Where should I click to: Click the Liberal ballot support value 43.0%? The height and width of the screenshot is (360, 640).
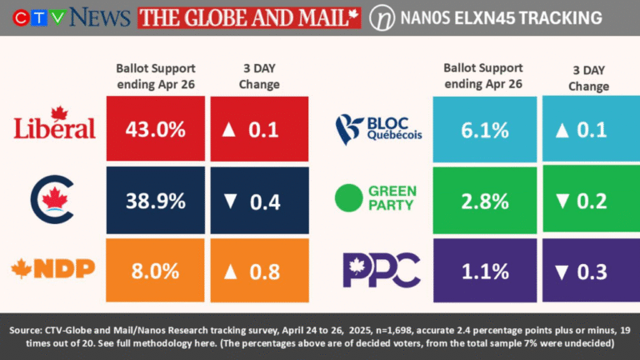pos(155,129)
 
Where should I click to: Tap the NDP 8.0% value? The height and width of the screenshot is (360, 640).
pos(155,271)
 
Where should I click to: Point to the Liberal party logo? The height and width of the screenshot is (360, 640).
pos(55,124)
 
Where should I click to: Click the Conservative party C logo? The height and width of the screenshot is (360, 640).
pos(53,199)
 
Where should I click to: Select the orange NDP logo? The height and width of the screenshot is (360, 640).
pos(52,268)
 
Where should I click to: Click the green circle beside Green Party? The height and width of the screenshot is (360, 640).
pos(347,198)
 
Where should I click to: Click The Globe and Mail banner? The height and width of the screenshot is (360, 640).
pos(249,17)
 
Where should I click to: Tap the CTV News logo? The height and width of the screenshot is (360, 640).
pos(67,17)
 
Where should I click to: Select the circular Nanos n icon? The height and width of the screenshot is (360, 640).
pos(382,17)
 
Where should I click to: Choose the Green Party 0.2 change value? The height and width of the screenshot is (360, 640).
pos(593,201)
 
